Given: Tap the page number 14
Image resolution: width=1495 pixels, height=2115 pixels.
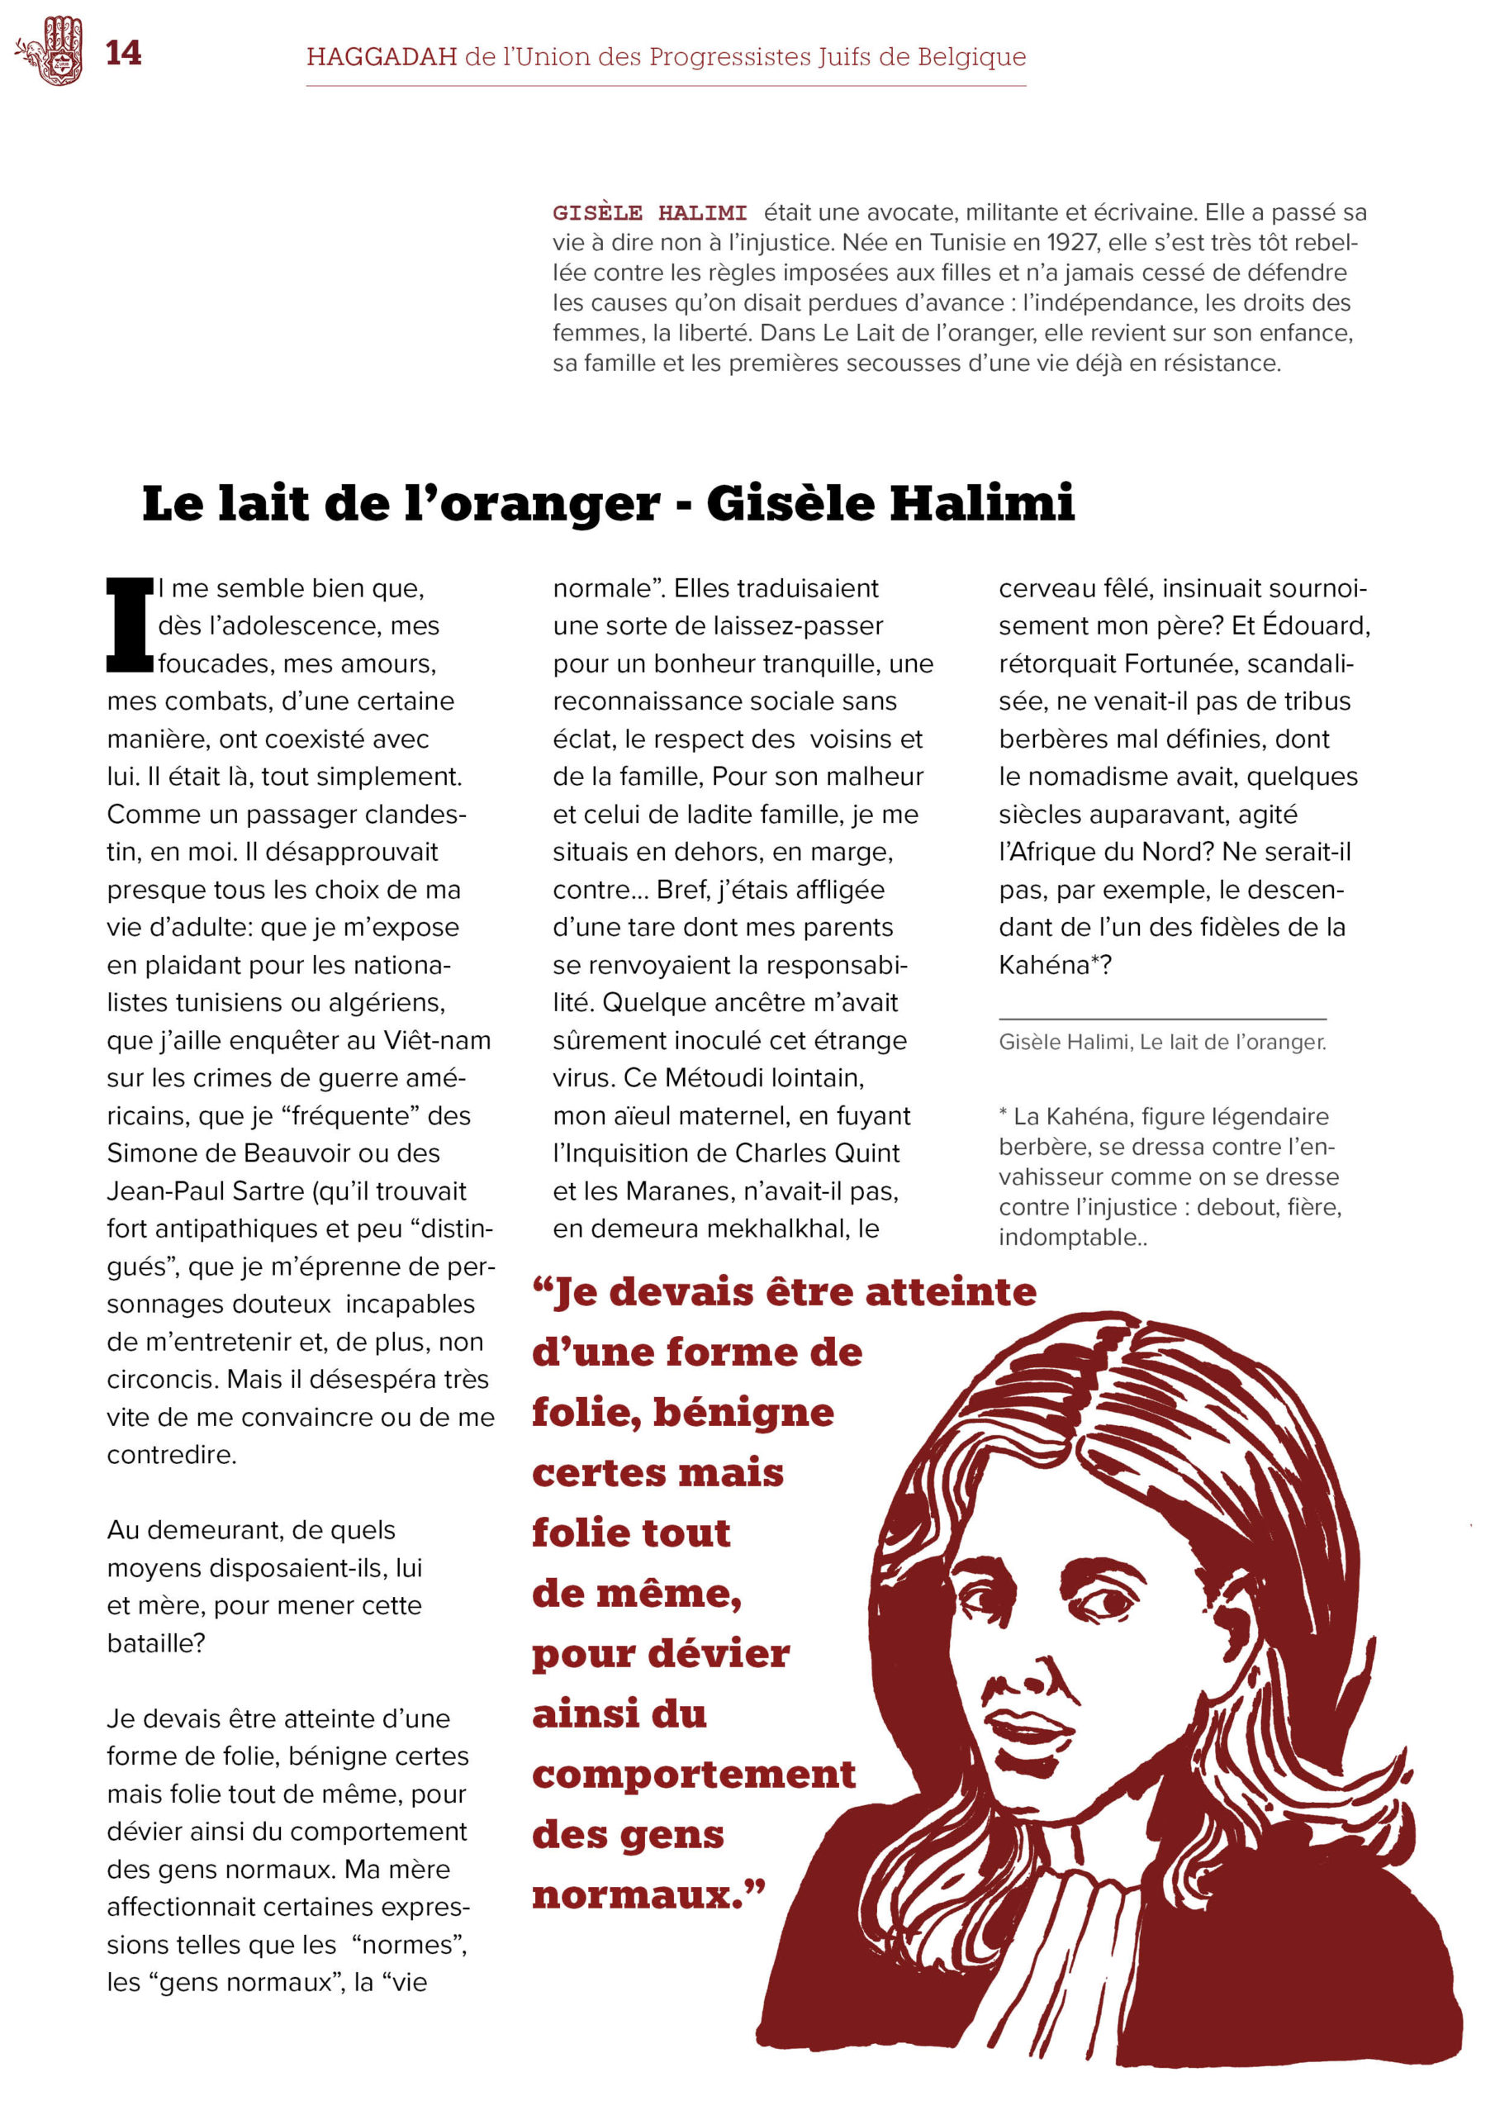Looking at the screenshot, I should (x=123, y=54).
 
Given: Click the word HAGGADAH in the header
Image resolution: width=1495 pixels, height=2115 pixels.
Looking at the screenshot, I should (x=382, y=57).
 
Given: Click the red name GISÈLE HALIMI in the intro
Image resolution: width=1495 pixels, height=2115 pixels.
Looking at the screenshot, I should (x=649, y=213).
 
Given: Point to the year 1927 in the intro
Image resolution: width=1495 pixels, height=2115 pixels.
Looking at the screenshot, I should (x=1071, y=243).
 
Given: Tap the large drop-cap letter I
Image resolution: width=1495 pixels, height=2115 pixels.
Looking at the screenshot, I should (x=129, y=625).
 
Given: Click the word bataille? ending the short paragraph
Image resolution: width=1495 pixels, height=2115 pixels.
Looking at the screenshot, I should (x=155, y=1643).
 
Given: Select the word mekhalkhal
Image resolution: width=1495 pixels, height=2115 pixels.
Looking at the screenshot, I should (x=757, y=1229).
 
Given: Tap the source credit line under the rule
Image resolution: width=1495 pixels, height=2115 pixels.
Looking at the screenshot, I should (x=1161, y=1042).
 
